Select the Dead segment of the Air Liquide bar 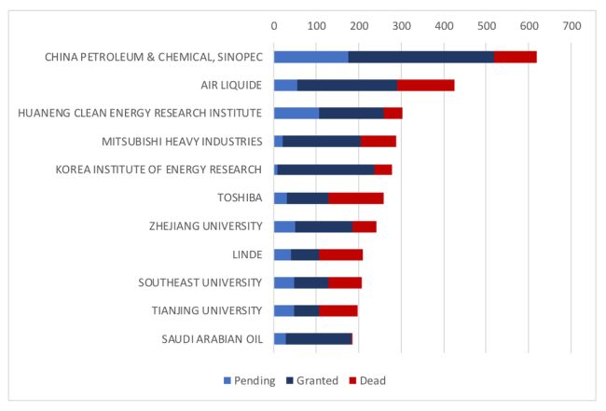[425, 85]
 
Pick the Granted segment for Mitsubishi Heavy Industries [322, 142]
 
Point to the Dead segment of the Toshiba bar [355, 198]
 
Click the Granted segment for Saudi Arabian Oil [318, 338]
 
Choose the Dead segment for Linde [340, 254]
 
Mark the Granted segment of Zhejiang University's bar [324, 226]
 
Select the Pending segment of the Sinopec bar [310, 57]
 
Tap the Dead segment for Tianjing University [337, 310]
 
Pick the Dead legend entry [367, 380]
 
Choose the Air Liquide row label [232, 85]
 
